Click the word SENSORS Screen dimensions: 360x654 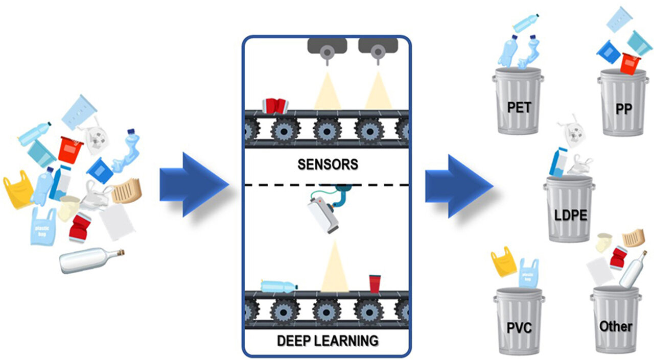(x=328, y=164)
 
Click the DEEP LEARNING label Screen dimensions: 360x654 (x=328, y=340)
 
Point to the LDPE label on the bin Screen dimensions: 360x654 (x=571, y=215)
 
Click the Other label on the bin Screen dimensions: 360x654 (x=616, y=326)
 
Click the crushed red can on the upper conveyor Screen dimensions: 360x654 (x=275, y=106)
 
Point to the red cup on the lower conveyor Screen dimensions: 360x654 (x=375, y=283)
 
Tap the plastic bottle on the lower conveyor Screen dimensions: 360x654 (x=279, y=285)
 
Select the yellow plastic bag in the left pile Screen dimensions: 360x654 (x=18, y=189)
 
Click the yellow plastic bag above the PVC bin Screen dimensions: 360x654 (x=503, y=261)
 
